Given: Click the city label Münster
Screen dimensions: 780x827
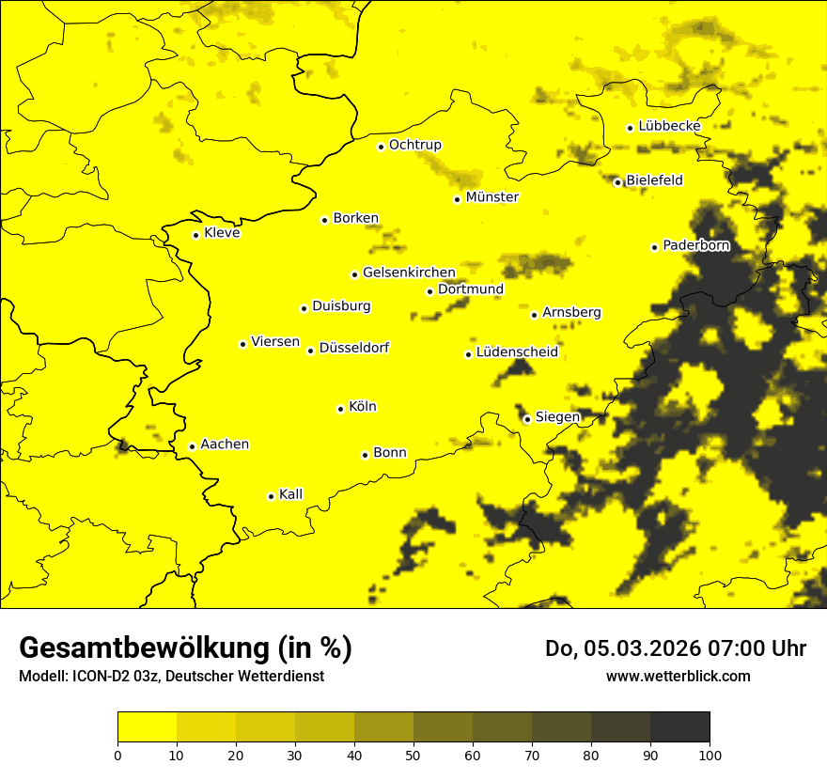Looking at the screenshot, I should point(492,197).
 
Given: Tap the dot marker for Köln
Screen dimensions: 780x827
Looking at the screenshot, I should point(340,409).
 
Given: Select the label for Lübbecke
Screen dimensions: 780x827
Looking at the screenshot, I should point(669,126).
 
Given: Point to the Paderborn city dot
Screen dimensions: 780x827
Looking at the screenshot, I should point(654,247).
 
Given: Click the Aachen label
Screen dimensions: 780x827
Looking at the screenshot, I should point(225,445).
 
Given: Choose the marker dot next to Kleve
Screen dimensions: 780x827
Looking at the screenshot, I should point(195,235).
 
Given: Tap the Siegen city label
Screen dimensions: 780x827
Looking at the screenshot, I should point(557,417).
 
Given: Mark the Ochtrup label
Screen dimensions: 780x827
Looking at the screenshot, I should point(414,145).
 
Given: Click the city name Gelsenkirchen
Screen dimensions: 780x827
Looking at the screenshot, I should point(409,273).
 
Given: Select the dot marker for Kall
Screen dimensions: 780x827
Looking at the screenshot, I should point(271,496).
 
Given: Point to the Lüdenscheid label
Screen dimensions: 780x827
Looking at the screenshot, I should point(517,352).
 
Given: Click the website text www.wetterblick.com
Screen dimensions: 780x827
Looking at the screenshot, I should point(678,676).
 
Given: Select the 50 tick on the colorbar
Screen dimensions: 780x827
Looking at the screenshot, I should point(413,754).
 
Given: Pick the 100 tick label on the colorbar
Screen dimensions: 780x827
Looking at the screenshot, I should point(710,754).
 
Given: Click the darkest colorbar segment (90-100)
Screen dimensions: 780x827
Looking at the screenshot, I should point(679,727).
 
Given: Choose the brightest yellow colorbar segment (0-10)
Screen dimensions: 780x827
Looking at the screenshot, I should point(148,727).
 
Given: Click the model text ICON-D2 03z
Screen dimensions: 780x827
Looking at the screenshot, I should point(110,677).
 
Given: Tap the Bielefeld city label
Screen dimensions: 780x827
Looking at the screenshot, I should point(654,179).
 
